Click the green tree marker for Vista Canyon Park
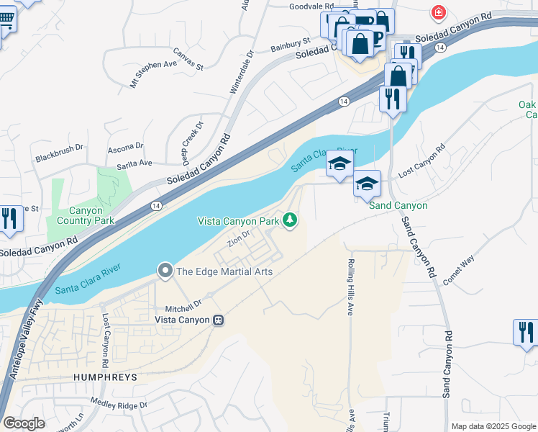point(290,220)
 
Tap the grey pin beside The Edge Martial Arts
point(165,271)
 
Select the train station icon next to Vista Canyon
point(218,320)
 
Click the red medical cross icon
point(437,12)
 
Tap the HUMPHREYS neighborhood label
point(105,377)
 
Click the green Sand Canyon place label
point(398,205)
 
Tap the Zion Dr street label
point(239,238)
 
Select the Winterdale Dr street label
point(242,73)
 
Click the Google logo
point(24,423)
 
